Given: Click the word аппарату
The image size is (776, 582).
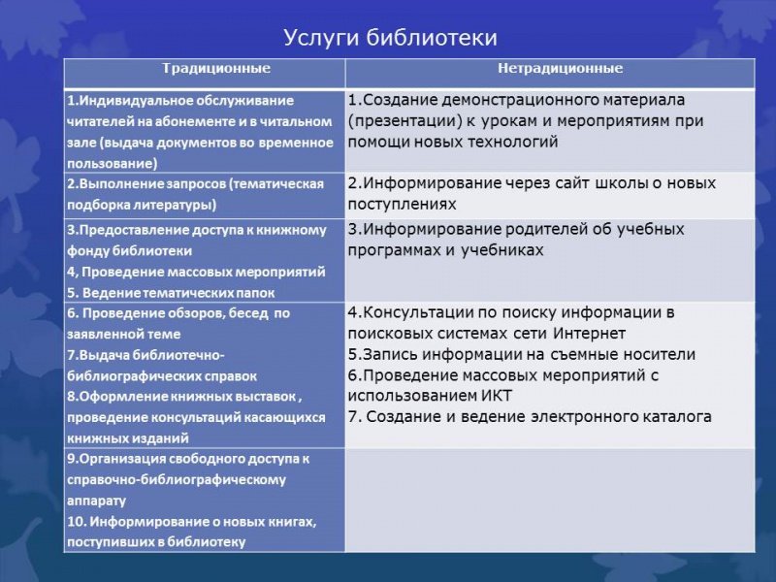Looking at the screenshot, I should click(96, 501).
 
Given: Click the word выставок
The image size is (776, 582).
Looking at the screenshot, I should click(268, 397).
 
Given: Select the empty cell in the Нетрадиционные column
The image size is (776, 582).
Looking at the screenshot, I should click(549, 499).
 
